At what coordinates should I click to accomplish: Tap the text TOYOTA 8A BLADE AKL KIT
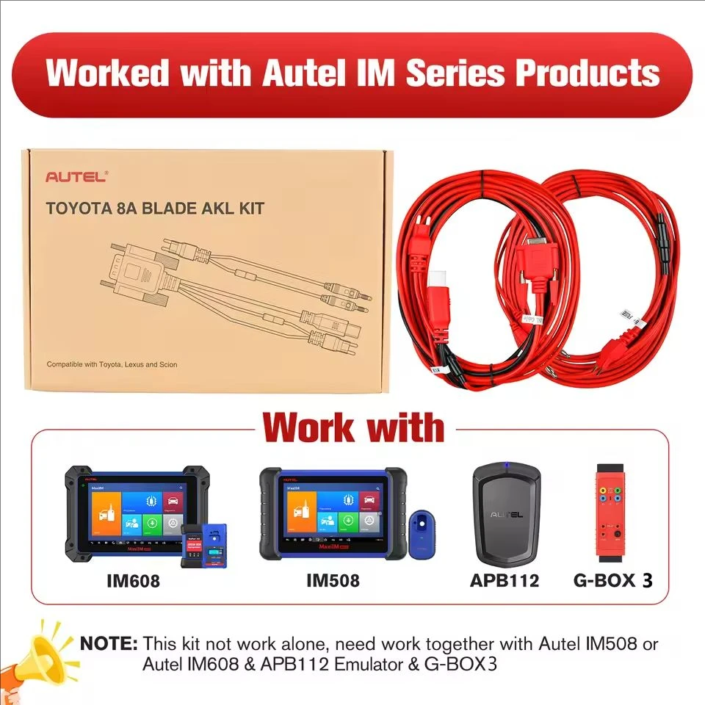(155, 207)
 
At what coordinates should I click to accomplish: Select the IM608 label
(133, 582)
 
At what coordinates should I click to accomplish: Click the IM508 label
(333, 582)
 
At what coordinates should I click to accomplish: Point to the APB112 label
(505, 582)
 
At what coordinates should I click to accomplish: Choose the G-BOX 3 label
(612, 582)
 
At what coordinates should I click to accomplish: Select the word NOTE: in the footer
(109, 644)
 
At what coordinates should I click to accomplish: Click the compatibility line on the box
(112, 364)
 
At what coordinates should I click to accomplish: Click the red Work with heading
(354, 427)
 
